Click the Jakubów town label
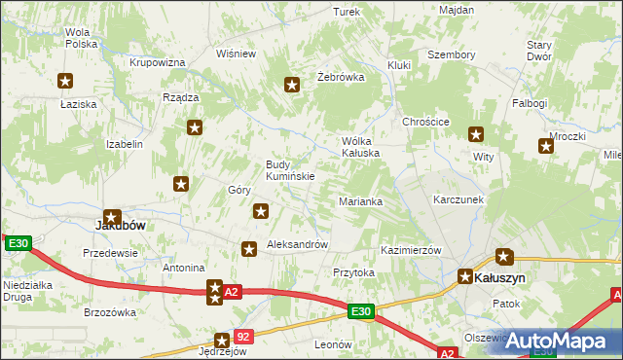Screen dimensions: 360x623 [x=120, y=224]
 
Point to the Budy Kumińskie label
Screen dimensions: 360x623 [x=290, y=170]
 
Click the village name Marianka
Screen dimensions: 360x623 [x=360, y=201]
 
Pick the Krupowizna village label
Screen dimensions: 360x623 [x=158, y=62]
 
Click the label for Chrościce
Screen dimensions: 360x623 [x=425, y=122]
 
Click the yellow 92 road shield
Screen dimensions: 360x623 [x=243, y=337]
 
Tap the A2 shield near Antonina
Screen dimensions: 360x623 [x=231, y=291]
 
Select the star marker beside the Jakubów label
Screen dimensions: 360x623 [x=113, y=219]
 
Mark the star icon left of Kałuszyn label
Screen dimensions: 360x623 [x=466, y=276]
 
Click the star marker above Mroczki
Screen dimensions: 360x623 [x=546, y=147]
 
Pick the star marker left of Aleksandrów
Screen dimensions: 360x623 [x=249, y=250]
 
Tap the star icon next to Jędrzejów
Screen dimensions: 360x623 [x=223, y=341]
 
